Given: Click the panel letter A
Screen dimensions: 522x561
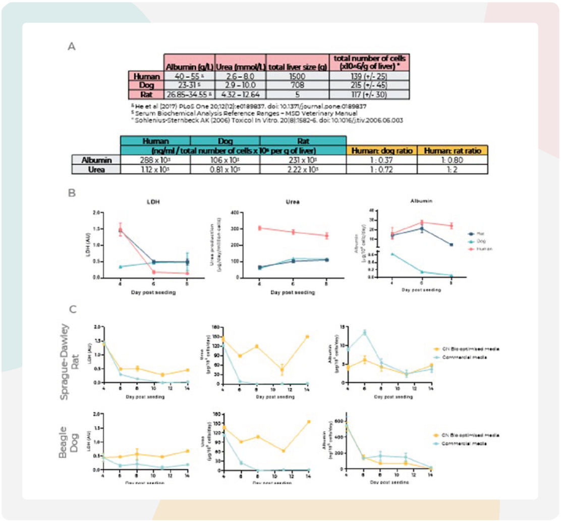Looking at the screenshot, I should pos(72,46).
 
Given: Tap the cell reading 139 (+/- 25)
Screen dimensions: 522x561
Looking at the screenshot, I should pos(369,76).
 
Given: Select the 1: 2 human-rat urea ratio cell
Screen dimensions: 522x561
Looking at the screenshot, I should pos(453,170).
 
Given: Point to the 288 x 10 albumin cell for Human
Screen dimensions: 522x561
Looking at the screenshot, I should pos(156,160).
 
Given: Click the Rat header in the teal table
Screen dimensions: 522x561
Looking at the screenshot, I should pos(302,142).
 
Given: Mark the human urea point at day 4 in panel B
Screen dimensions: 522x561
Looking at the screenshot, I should pos(260,228).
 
